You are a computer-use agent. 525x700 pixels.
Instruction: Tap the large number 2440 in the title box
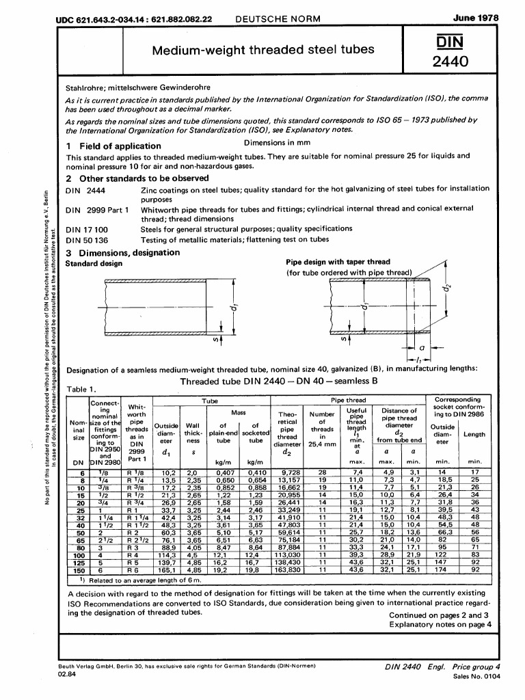pyautogui.click(x=464, y=64)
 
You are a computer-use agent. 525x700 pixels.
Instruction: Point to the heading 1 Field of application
pyautogui.click(x=113, y=146)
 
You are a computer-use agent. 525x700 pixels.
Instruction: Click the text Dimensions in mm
pyautogui.click(x=277, y=143)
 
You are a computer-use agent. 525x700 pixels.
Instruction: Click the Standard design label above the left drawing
pyautogui.click(x=94, y=262)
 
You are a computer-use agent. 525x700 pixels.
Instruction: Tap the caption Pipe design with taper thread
pyautogui.click(x=338, y=262)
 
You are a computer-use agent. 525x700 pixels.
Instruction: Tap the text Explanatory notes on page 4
pyautogui.click(x=440, y=605)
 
